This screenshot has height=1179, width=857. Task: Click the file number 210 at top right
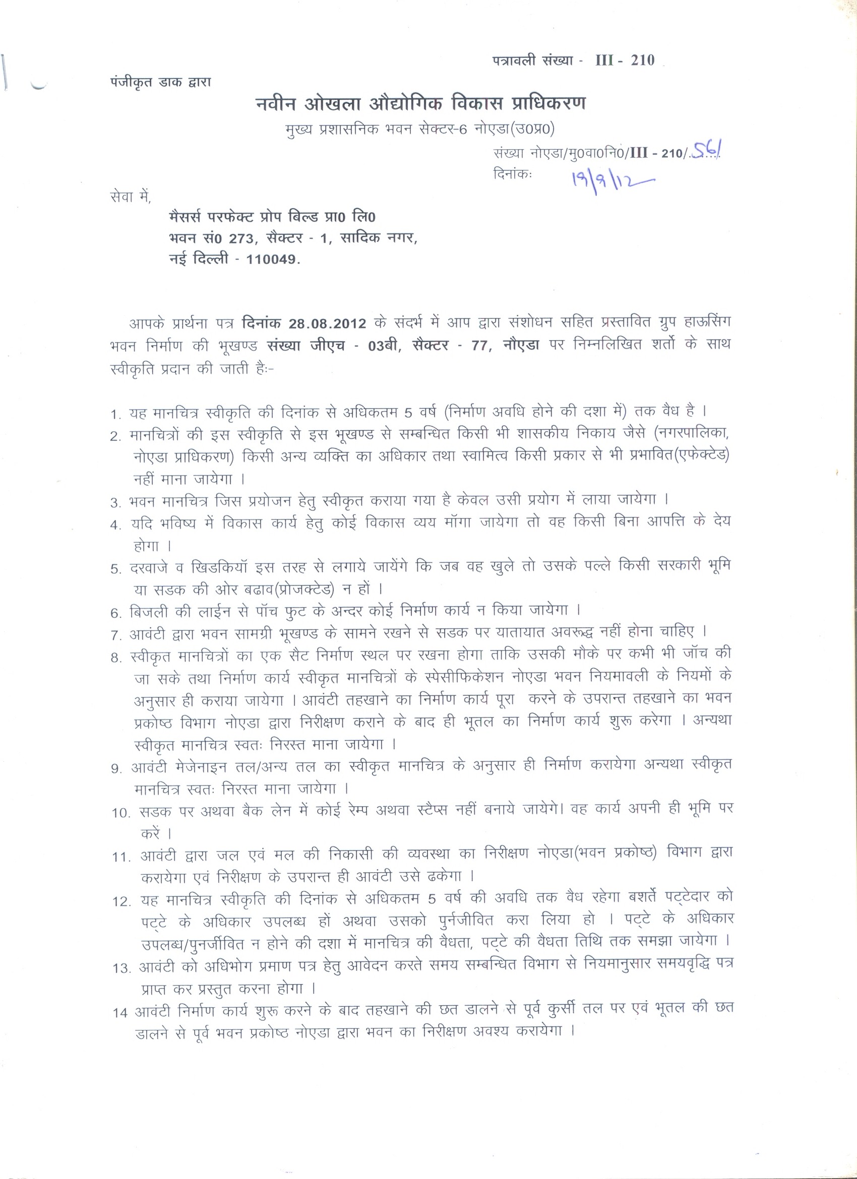point(642,60)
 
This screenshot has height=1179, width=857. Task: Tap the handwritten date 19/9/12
point(611,180)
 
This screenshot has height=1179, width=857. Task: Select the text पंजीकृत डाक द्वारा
point(161,82)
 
